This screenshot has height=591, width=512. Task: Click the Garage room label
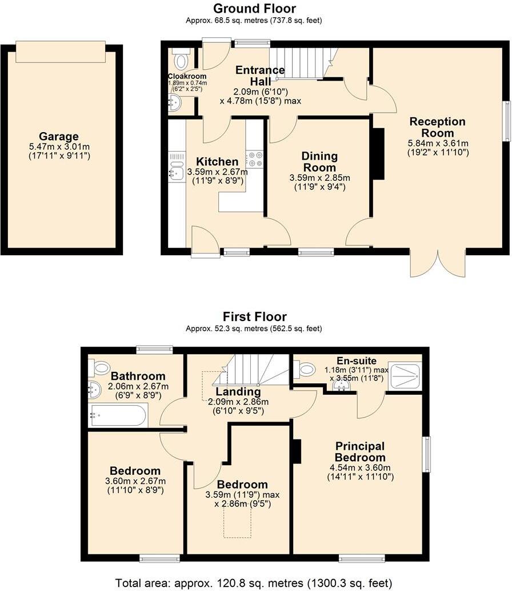(59, 136)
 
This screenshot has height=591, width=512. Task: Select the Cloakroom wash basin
(175, 103)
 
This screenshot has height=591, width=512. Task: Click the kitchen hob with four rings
(254, 158)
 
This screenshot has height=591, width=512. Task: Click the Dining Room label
(320, 161)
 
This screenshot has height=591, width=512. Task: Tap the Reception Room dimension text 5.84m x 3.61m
(438, 143)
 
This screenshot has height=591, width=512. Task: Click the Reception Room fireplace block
(378, 154)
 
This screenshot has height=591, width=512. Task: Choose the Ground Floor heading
(255, 9)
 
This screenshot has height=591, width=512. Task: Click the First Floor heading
(255, 316)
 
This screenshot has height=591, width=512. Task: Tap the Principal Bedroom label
(360, 451)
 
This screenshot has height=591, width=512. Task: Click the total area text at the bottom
(255, 583)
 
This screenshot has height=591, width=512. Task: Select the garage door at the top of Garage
(61, 51)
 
